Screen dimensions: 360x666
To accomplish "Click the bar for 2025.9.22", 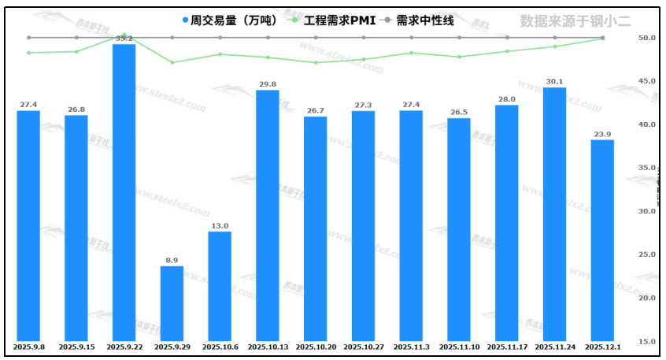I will (x=124, y=193).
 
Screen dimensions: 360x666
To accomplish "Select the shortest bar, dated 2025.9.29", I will (x=172, y=303).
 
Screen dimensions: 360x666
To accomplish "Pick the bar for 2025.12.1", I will (x=602, y=240).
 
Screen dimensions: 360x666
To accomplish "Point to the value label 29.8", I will (x=268, y=84).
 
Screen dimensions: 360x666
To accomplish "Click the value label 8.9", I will (x=172, y=259).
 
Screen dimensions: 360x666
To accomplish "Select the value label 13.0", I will (x=220, y=225).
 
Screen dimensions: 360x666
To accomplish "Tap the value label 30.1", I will (x=554, y=80).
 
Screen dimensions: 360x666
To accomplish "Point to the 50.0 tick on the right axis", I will (x=626, y=38).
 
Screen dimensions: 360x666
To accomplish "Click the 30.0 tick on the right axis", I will (x=626, y=211).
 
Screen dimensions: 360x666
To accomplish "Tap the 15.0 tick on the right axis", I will (x=626, y=341).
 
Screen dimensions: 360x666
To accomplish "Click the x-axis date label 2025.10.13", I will (x=268, y=347).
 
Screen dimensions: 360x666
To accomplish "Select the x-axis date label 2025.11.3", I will (x=411, y=347).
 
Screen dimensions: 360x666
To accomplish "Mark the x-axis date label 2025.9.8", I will (x=28, y=347).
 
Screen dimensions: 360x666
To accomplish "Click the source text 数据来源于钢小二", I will (x=575, y=20).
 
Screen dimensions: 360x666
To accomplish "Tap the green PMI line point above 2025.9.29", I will (x=172, y=62).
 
